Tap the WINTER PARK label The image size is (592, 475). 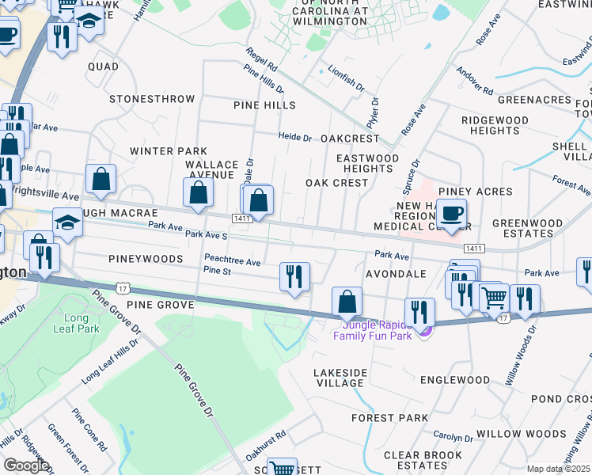click(x=168, y=151)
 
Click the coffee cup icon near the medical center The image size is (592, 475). click(x=451, y=214)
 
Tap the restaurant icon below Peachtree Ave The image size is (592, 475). click(x=294, y=277)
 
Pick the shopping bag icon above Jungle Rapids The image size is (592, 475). click(x=347, y=302)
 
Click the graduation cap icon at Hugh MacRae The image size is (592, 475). click(x=67, y=223)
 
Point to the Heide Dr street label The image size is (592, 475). click(x=294, y=137)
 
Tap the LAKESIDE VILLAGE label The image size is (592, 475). click(x=340, y=378)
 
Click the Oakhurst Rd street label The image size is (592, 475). click(x=264, y=445)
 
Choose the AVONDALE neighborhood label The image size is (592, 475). click(x=396, y=274)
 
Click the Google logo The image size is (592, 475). click(x=26, y=465)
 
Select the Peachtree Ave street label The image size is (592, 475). click(x=232, y=260)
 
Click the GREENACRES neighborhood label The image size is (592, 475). click(x=534, y=101)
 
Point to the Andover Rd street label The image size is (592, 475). click(x=475, y=78)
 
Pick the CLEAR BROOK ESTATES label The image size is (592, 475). click(x=416, y=460)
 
